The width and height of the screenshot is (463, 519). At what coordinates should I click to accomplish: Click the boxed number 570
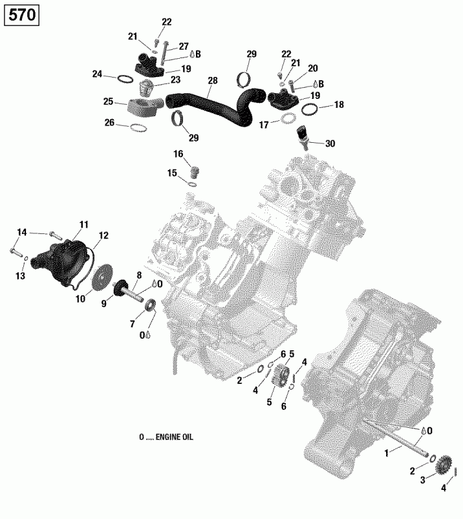click(x=22, y=15)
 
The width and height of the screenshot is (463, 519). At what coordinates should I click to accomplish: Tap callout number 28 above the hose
click(x=213, y=81)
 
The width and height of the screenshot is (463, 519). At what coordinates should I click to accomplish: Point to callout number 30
click(x=331, y=143)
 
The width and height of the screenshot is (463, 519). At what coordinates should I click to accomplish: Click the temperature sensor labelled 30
click(x=301, y=136)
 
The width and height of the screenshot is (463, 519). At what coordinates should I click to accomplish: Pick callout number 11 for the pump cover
click(x=83, y=224)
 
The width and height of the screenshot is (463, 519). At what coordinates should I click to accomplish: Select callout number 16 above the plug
click(x=178, y=153)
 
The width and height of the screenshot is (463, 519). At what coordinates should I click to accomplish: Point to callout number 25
click(x=108, y=101)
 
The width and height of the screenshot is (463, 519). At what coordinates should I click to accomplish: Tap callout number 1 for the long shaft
click(x=387, y=454)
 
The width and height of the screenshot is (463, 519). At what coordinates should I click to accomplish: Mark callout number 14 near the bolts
click(x=22, y=232)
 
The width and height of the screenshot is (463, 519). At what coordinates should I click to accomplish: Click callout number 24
click(x=97, y=74)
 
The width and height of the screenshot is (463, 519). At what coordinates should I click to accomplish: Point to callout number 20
click(x=313, y=68)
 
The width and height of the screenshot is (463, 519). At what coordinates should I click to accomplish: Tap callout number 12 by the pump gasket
click(x=103, y=235)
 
